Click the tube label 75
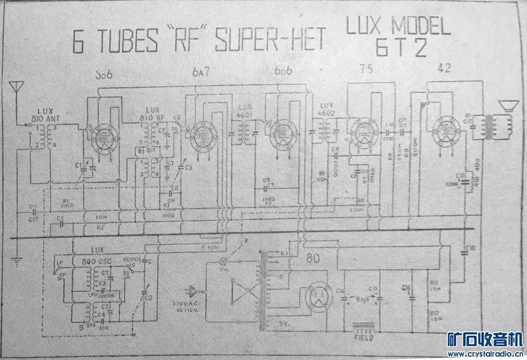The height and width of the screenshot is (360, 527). point(366,69)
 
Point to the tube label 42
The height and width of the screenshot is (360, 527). point(445,69)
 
